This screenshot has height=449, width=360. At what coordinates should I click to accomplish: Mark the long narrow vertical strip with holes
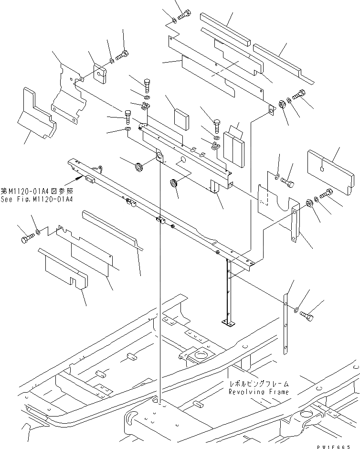pyautogui.click(x=286, y=325)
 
